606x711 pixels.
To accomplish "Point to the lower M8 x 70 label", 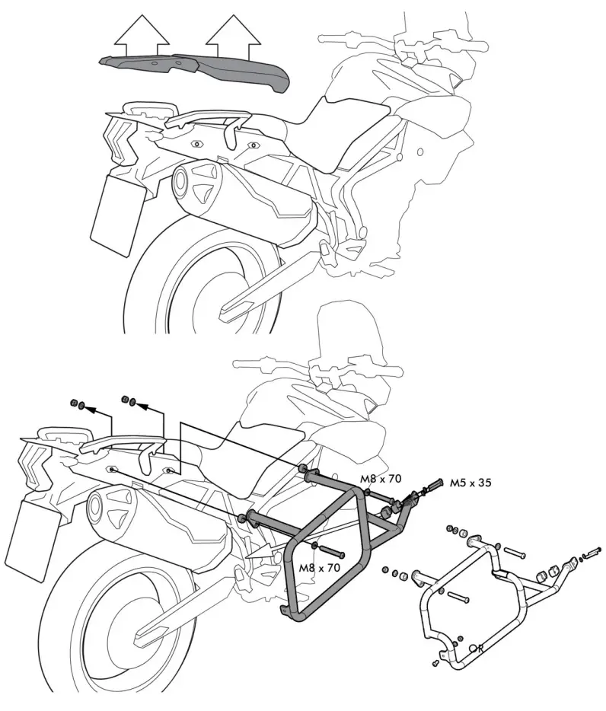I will [x=319, y=568].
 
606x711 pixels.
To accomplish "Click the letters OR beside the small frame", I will [x=477, y=649].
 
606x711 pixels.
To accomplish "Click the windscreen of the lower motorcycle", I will [x=342, y=335].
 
